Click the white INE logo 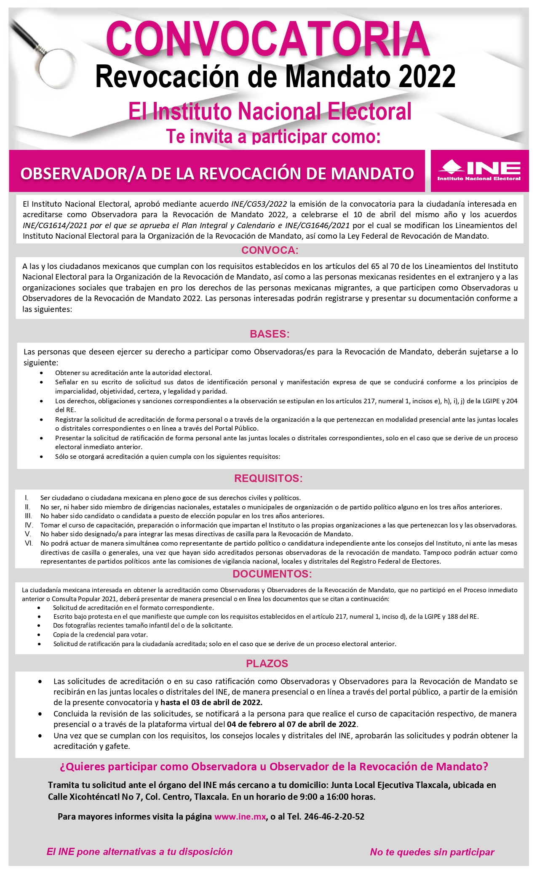(479, 170)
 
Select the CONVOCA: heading (270, 250)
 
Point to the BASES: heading (270, 334)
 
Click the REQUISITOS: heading (268, 479)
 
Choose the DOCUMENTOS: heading (272, 574)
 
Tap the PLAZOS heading (267, 664)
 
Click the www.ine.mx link (240, 817)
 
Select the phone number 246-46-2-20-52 (334, 817)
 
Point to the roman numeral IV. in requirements (29, 525)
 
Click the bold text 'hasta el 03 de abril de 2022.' (211, 702)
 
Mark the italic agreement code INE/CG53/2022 (259, 204)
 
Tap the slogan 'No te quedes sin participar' (432, 852)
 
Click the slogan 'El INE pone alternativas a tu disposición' (139, 852)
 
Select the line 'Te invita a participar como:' (273, 137)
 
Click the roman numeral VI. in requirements (29, 543)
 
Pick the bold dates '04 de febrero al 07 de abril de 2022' (292, 724)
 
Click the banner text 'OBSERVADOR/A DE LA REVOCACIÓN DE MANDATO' (217, 173)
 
